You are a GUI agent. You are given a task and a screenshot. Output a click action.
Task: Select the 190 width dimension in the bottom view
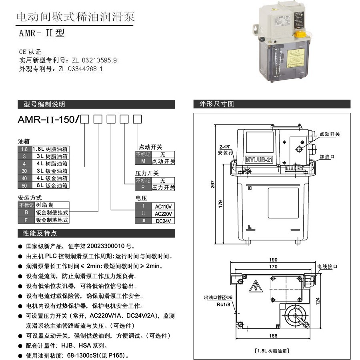pyautogui.click(x=273, y=259)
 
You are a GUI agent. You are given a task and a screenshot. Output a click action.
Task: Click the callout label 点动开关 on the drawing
pyautogui.click(x=330, y=134)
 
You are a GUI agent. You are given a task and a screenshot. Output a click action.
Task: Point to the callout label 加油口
pyautogui.click(x=327, y=158)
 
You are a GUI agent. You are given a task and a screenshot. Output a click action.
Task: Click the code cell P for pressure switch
pyautogui.click(x=143, y=188)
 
